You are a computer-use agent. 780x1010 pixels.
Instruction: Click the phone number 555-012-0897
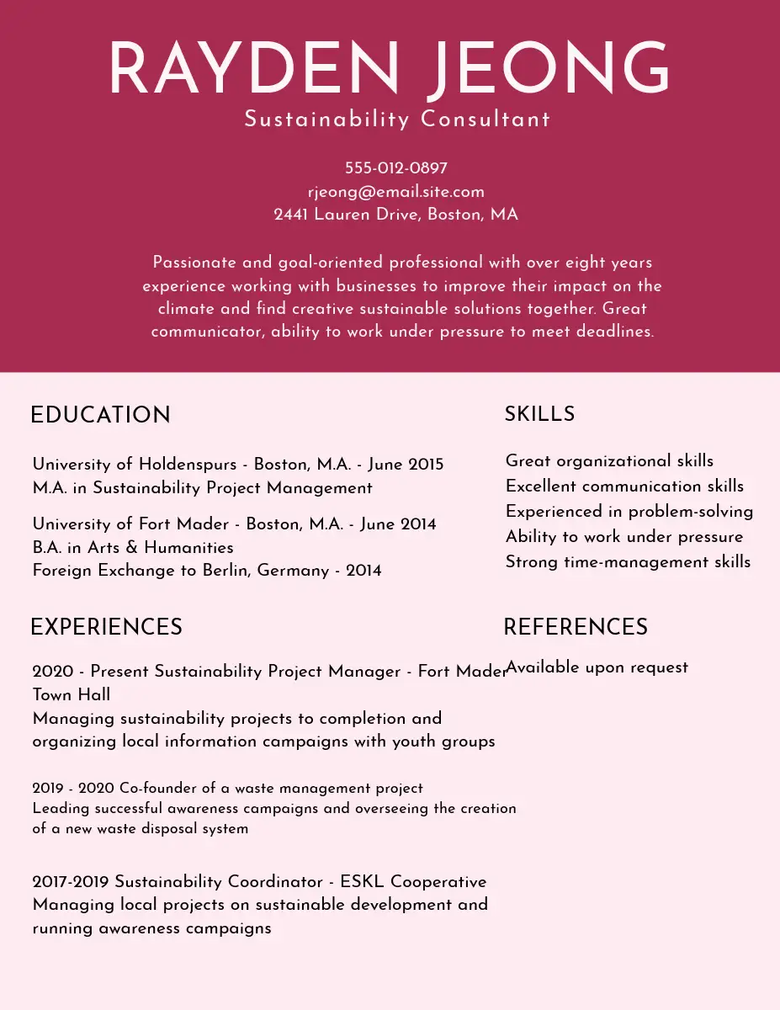(395, 168)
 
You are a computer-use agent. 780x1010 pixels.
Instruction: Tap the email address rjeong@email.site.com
(395, 192)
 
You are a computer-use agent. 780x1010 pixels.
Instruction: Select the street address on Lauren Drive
(395, 215)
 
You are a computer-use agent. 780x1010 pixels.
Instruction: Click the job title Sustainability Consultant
(397, 119)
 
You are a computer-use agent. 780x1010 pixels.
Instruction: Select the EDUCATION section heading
(100, 415)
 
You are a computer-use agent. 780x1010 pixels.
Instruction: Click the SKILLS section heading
(539, 414)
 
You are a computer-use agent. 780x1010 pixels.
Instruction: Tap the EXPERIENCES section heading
(106, 627)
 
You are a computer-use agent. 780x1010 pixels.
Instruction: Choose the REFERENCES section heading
(576, 627)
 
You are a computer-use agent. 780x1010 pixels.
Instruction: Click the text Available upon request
(597, 667)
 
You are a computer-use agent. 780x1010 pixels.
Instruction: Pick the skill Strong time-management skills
(628, 561)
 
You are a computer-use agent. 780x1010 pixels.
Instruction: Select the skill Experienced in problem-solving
(629, 511)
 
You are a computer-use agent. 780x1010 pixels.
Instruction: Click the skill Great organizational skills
(609, 460)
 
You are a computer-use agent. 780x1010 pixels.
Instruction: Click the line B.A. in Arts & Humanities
(133, 547)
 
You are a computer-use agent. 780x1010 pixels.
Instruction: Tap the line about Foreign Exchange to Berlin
(207, 571)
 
